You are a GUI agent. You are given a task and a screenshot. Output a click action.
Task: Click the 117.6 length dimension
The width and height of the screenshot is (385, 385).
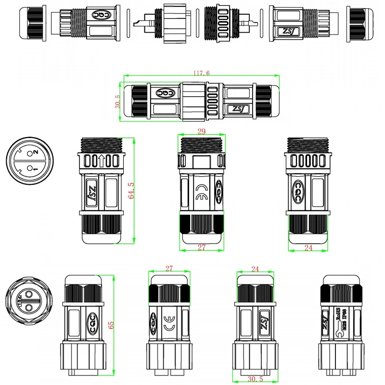click(x=201, y=73)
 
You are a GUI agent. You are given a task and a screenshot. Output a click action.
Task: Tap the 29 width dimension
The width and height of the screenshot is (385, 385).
click(x=202, y=131)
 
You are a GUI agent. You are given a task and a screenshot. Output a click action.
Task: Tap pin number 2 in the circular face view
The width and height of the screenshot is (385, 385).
click(x=35, y=152)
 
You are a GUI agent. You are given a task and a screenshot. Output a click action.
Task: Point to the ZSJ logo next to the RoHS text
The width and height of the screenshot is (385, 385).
click(x=326, y=321)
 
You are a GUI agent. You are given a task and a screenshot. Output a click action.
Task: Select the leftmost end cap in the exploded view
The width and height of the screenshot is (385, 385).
click(x=29, y=23)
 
